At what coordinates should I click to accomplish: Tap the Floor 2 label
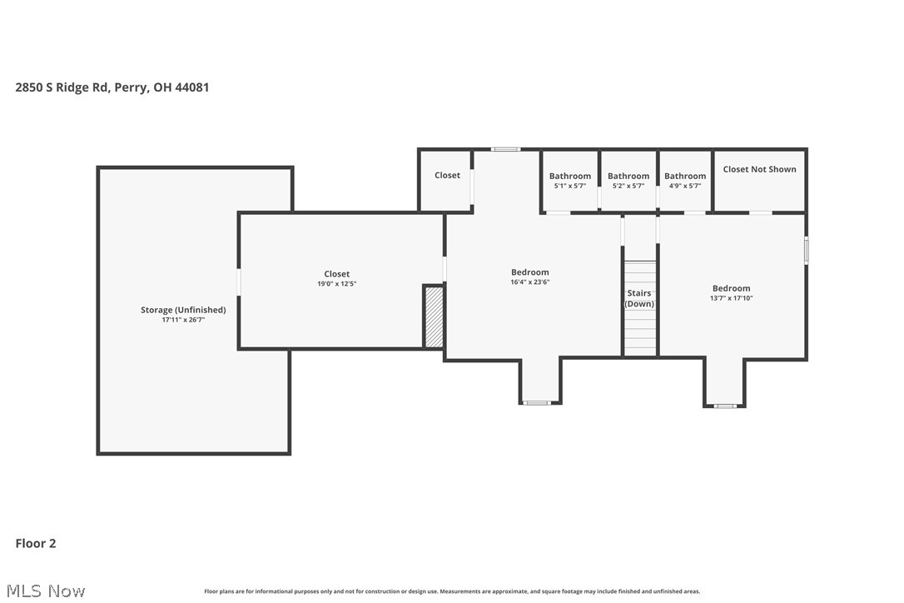coord(36,543)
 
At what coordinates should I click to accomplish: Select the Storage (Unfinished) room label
coord(183,310)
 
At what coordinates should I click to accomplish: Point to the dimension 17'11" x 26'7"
coord(183,320)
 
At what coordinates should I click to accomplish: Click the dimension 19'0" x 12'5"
coord(337,284)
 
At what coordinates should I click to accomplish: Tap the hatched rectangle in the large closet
coord(434,316)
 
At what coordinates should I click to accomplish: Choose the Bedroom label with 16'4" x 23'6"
coord(530,272)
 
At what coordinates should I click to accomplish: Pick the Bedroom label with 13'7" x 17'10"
coord(731,288)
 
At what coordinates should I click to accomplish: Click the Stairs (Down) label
coord(639,298)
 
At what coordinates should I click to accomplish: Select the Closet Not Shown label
coord(759,169)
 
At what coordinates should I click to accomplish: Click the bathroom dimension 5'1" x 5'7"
coord(570,186)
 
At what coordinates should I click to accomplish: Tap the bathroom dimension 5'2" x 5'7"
coord(628,186)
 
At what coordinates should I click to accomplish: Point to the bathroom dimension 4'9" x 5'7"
coord(685,186)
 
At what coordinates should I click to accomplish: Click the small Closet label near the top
coord(447,175)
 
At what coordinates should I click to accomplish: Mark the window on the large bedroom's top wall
coord(505,149)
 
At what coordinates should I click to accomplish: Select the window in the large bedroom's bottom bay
coord(537,403)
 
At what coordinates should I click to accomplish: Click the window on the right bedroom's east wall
coord(806,251)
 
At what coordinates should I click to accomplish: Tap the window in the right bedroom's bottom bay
coord(725,406)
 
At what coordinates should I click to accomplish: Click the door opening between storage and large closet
coord(239,282)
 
